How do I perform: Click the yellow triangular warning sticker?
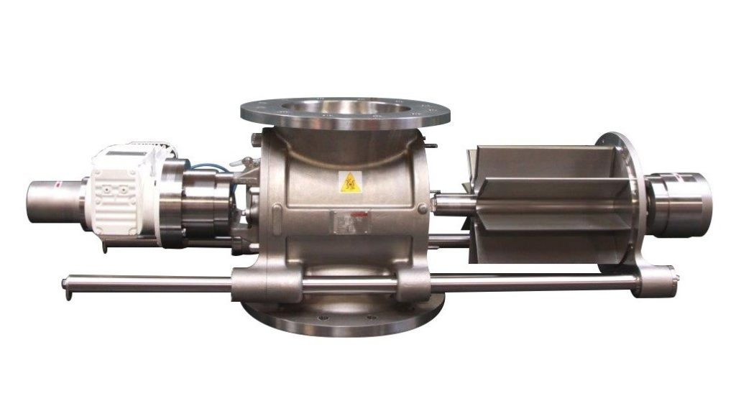[348, 182]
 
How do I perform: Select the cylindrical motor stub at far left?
[54, 201]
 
